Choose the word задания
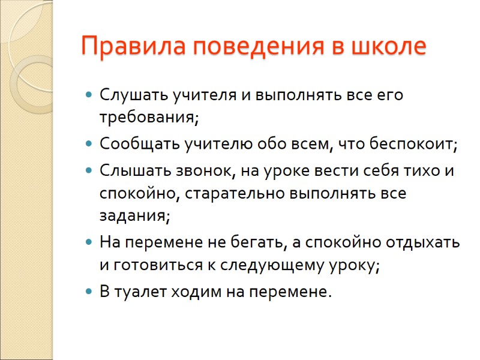pyautogui.click(x=134, y=216)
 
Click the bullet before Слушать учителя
pyautogui.click(x=89, y=95)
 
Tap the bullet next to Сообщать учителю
pyautogui.click(x=89, y=145)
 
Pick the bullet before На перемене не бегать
pyautogui.click(x=89, y=244)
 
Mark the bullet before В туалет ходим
pyautogui.click(x=89, y=293)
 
